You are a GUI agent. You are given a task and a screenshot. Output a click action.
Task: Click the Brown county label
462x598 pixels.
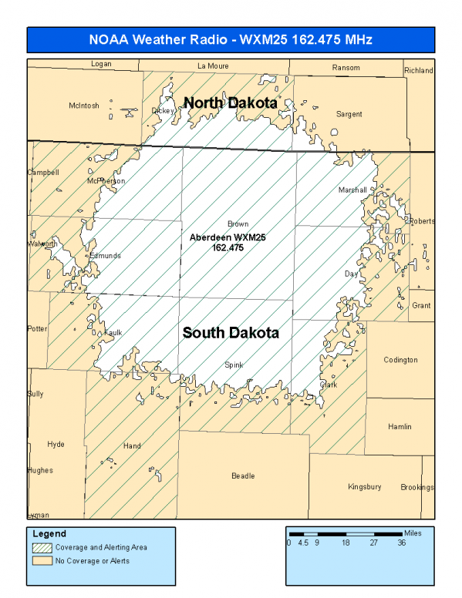pyautogui.click(x=238, y=224)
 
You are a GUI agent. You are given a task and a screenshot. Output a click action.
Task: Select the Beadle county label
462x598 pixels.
pyautogui.click(x=243, y=476)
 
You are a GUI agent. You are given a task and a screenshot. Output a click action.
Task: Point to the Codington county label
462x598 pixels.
pyautogui.click(x=400, y=360)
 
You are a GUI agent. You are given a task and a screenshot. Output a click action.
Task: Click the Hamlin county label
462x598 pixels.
pyautogui.click(x=400, y=427)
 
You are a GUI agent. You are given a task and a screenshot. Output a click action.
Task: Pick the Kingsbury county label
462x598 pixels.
pyautogui.click(x=364, y=487)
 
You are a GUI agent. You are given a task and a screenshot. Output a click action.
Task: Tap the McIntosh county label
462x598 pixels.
pyautogui.click(x=84, y=106)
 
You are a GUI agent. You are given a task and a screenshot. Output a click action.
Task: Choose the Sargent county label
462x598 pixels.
pyautogui.click(x=349, y=114)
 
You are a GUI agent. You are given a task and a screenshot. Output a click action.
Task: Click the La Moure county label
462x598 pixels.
pyautogui.click(x=214, y=66)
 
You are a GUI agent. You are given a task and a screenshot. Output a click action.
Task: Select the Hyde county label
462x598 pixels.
pyautogui.click(x=56, y=445)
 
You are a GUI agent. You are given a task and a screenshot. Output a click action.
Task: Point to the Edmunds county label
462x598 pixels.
pyautogui.click(x=105, y=256)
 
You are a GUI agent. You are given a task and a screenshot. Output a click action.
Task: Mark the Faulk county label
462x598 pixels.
pyautogui.click(x=113, y=333)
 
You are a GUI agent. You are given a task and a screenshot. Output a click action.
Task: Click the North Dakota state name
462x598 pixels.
pyautogui.click(x=229, y=102)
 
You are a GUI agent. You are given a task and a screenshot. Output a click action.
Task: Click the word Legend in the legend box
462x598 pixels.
pyautogui.click(x=49, y=533)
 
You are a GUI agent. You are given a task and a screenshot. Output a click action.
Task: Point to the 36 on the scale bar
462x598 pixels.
pyautogui.click(x=402, y=543)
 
